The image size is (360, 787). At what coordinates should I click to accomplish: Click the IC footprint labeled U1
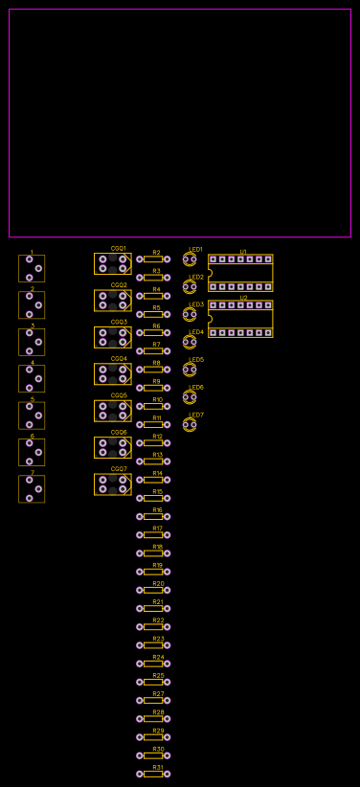tap(240, 273)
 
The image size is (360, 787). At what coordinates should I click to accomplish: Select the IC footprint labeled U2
tap(240, 319)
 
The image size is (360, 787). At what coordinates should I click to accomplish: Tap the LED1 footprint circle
tap(190, 259)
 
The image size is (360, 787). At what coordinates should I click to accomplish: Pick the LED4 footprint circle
tap(190, 342)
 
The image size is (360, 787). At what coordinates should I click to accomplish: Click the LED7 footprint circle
tap(190, 425)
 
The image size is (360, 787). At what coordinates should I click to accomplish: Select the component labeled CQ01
tap(113, 263)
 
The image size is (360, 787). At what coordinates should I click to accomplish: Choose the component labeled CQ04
tap(113, 374)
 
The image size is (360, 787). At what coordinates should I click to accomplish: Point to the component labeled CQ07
tap(113, 484)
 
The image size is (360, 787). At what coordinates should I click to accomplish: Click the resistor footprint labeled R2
tap(153, 259)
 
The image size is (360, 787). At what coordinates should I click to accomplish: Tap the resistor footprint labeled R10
tap(153, 406)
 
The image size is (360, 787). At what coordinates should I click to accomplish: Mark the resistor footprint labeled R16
tap(153, 516)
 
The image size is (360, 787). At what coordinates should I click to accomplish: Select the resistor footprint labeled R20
tap(153, 590)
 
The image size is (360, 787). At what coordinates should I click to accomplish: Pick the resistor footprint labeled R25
tap(153, 682)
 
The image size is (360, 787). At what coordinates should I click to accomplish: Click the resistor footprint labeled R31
tap(153, 774)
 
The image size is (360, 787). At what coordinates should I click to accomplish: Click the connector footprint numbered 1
tap(32, 268)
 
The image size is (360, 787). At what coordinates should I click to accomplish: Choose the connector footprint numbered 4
tap(32, 378)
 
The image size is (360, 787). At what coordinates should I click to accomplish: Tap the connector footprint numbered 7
tap(32, 488)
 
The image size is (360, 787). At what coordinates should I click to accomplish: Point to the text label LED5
tap(196, 360)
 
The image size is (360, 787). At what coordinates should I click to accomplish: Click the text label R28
tap(158, 712)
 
